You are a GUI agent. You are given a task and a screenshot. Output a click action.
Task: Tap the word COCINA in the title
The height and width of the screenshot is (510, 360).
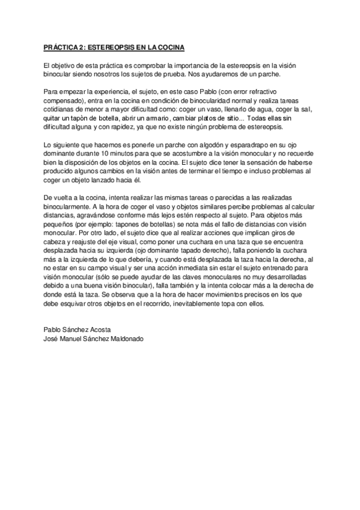169,47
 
